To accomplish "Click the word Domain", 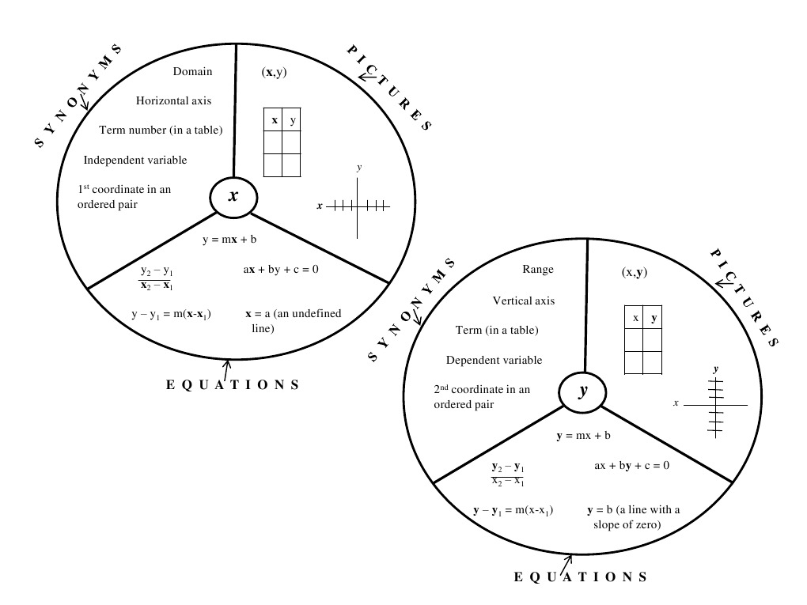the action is (x=192, y=71).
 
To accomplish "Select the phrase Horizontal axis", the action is (x=173, y=100).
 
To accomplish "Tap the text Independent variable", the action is (x=135, y=160).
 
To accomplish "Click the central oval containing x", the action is (x=233, y=196).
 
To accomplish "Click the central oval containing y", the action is (x=583, y=391).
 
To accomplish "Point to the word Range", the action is (x=538, y=269).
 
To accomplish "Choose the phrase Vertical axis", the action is (x=524, y=301).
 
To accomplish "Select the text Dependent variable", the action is (x=494, y=360).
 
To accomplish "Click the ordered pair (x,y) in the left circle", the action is (x=274, y=72).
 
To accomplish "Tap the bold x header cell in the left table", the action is (x=274, y=120).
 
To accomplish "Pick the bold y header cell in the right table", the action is (x=653, y=317).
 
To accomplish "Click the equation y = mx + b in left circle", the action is (x=233, y=240).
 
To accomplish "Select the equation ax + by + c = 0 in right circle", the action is (x=632, y=465).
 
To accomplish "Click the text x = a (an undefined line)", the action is (x=293, y=320).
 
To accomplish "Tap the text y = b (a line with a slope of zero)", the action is (x=633, y=517).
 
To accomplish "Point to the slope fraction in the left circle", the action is (x=157, y=278).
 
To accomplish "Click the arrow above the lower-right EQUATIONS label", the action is (x=566, y=562).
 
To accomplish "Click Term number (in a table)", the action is (x=161, y=130).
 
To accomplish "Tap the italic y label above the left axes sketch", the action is (x=359, y=168).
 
